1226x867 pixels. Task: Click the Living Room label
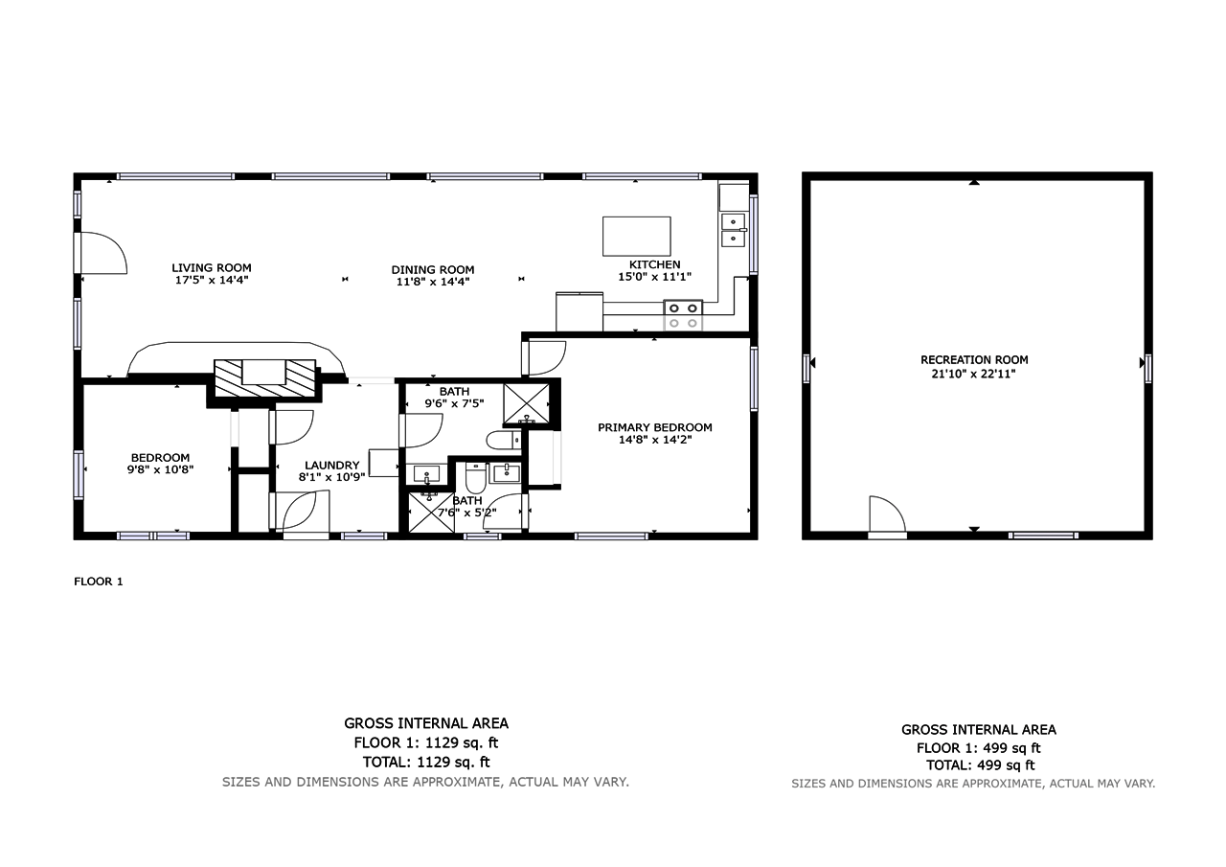pyautogui.click(x=212, y=267)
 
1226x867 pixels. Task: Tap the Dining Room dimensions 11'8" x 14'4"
pyautogui.click(x=433, y=282)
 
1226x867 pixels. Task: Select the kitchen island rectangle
pyautogui.click(x=637, y=236)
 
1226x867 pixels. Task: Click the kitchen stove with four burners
pyautogui.click(x=683, y=315)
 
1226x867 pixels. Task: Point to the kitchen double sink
pyautogui.click(x=734, y=230)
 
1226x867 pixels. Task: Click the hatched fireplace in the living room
pyautogui.click(x=265, y=378)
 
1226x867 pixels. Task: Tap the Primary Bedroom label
pyautogui.click(x=654, y=427)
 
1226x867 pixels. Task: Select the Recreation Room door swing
pyautogui.click(x=888, y=514)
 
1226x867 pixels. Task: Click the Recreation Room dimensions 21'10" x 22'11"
pyautogui.click(x=974, y=374)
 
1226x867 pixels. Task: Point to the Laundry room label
pyautogui.click(x=331, y=466)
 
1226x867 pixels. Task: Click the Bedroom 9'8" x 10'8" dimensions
pyautogui.click(x=160, y=469)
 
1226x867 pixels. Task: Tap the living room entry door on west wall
pyautogui.click(x=101, y=252)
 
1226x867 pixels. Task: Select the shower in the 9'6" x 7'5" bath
pyautogui.click(x=526, y=404)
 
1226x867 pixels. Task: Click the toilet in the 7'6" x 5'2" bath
pyautogui.click(x=476, y=478)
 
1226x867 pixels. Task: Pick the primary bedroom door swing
pyautogui.click(x=545, y=358)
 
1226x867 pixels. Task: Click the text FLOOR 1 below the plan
pyautogui.click(x=99, y=582)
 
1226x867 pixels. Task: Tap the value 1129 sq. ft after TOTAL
pyautogui.click(x=453, y=762)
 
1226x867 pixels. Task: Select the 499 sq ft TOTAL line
pyautogui.click(x=980, y=765)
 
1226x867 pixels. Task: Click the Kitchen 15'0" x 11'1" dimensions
pyautogui.click(x=654, y=277)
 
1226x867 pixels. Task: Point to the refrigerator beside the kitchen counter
pyautogui.click(x=579, y=312)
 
